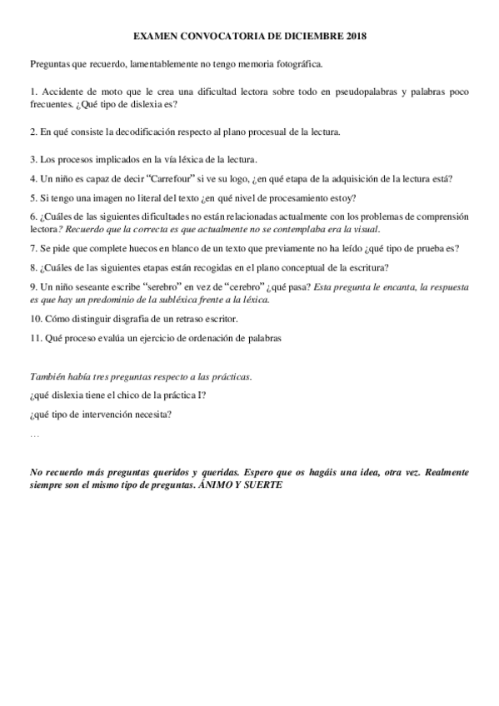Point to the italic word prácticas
(227, 378)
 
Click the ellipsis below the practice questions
(34, 435)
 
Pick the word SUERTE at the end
(261, 485)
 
